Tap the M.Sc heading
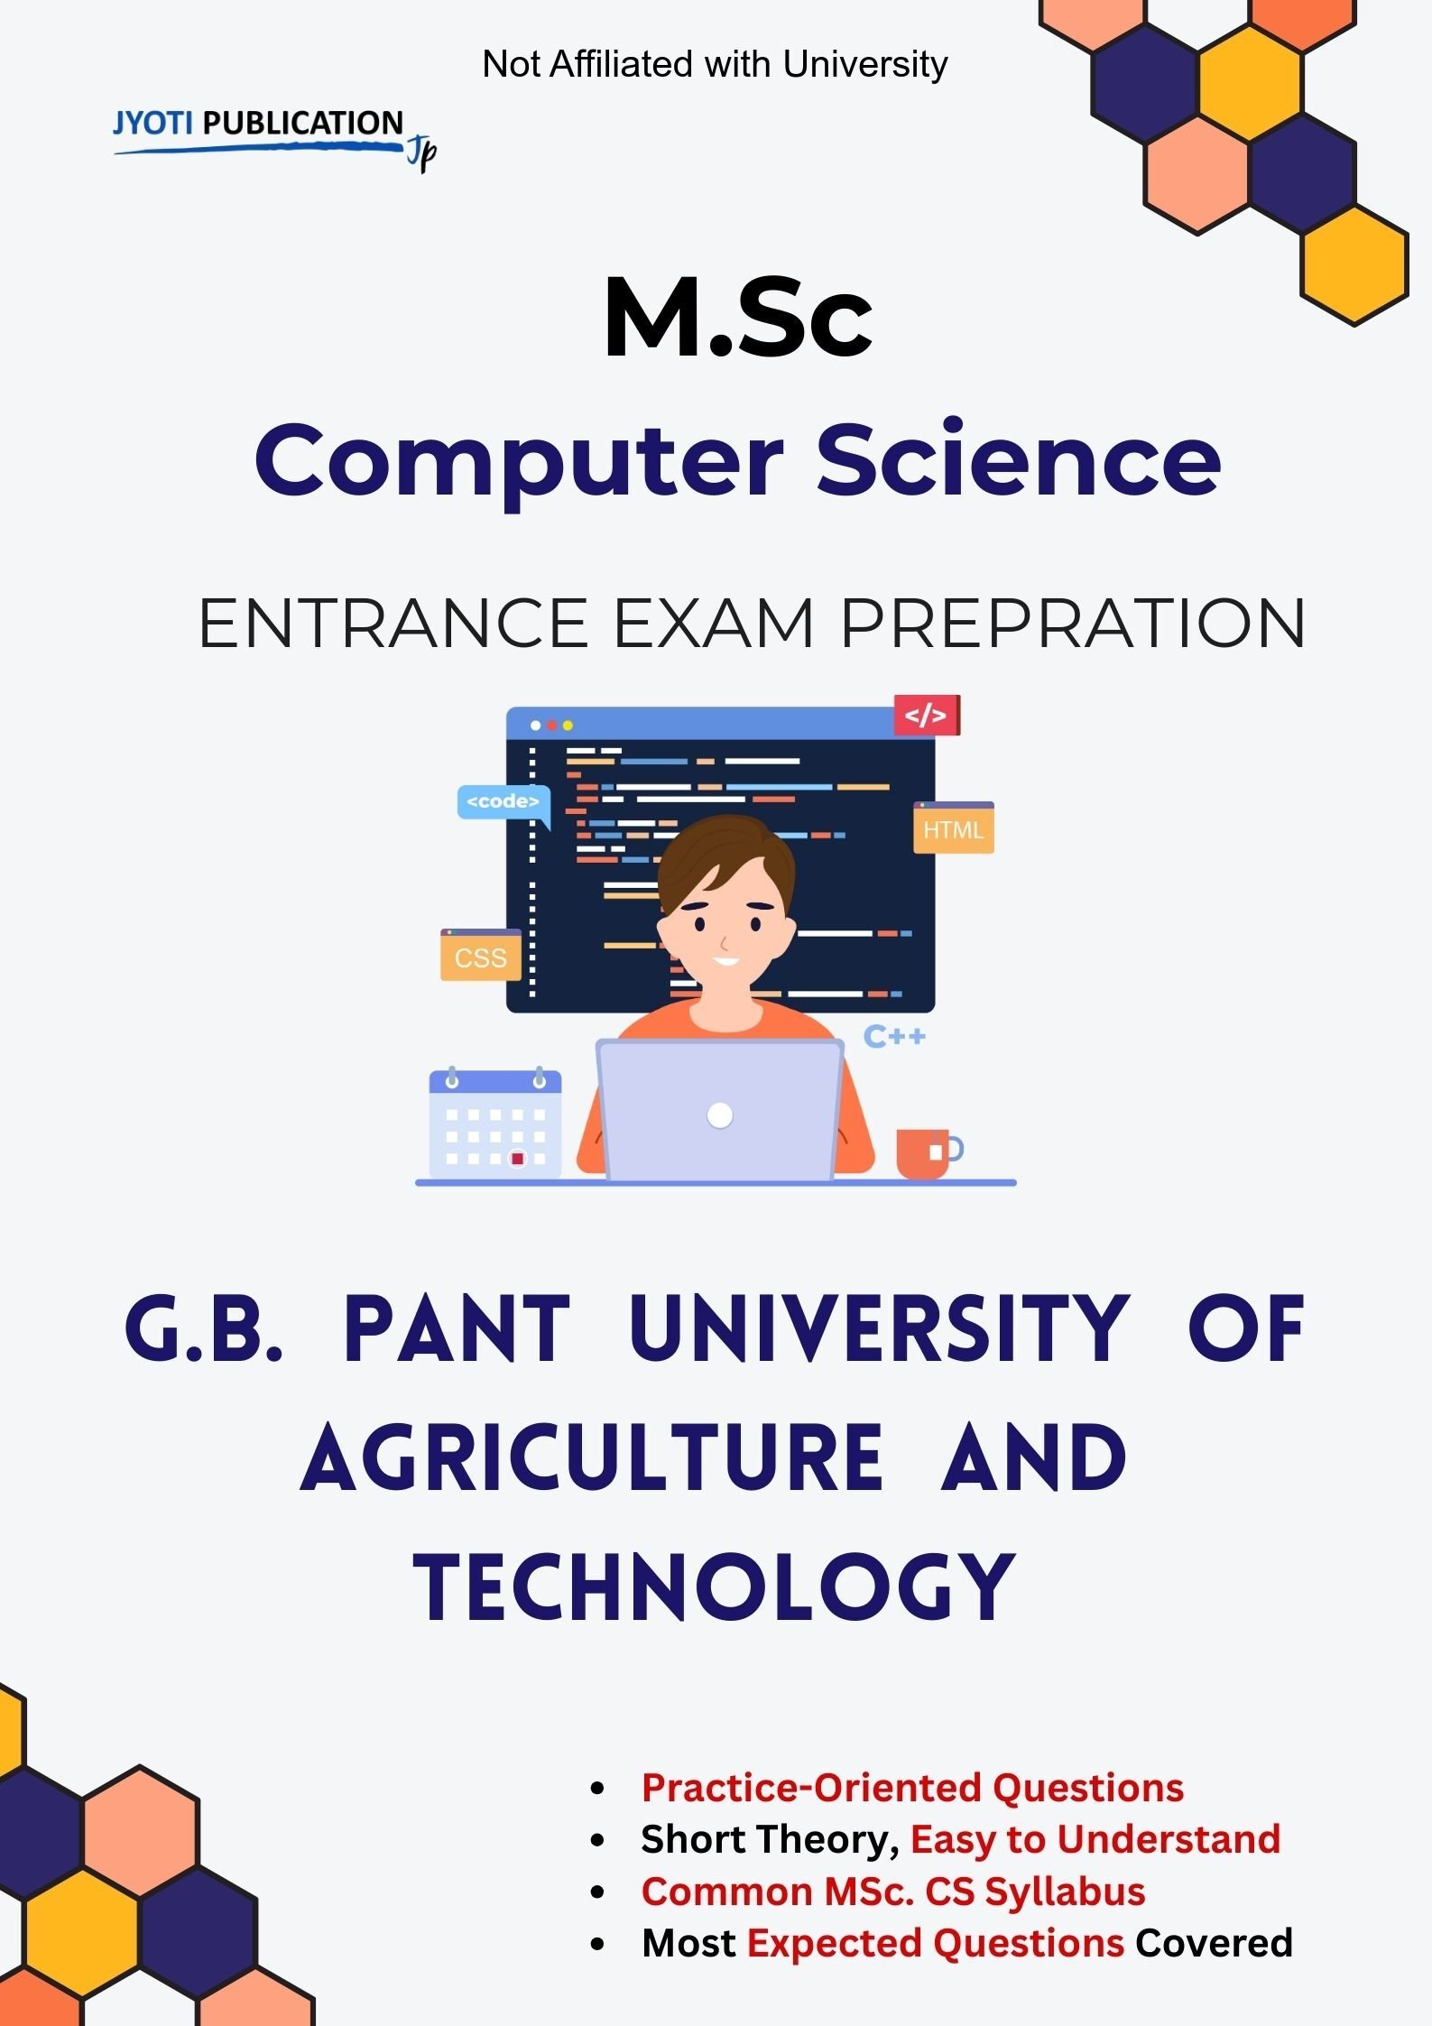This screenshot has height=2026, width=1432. pyautogui.click(x=738, y=319)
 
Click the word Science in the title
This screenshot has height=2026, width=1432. pyautogui.click(x=1018, y=461)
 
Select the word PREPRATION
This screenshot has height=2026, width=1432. pyautogui.click(x=1072, y=623)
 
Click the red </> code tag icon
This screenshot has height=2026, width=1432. pyautogui.click(x=926, y=716)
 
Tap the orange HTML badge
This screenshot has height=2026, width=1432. pyautogui.click(x=953, y=828)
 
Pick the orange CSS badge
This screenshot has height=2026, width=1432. pyautogui.click(x=480, y=957)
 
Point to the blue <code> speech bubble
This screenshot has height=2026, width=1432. pyautogui.click(x=503, y=801)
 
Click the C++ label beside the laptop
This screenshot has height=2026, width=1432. pyautogui.click(x=893, y=1036)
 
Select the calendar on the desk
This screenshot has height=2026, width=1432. pyautogui.click(x=494, y=1123)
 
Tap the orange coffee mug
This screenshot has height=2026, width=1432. pyautogui.click(x=924, y=1152)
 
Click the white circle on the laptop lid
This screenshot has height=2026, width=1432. pyautogui.click(x=720, y=1115)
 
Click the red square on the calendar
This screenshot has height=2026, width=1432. pyautogui.click(x=517, y=1158)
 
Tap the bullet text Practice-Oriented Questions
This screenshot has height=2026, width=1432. pyautogui.click(x=911, y=1787)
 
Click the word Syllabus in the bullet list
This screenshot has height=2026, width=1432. pyautogui.click(x=1065, y=1891)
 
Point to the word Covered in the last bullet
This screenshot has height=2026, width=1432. pyautogui.click(x=1213, y=1943)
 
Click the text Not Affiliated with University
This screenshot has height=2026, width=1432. pyautogui.click(x=715, y=64)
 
